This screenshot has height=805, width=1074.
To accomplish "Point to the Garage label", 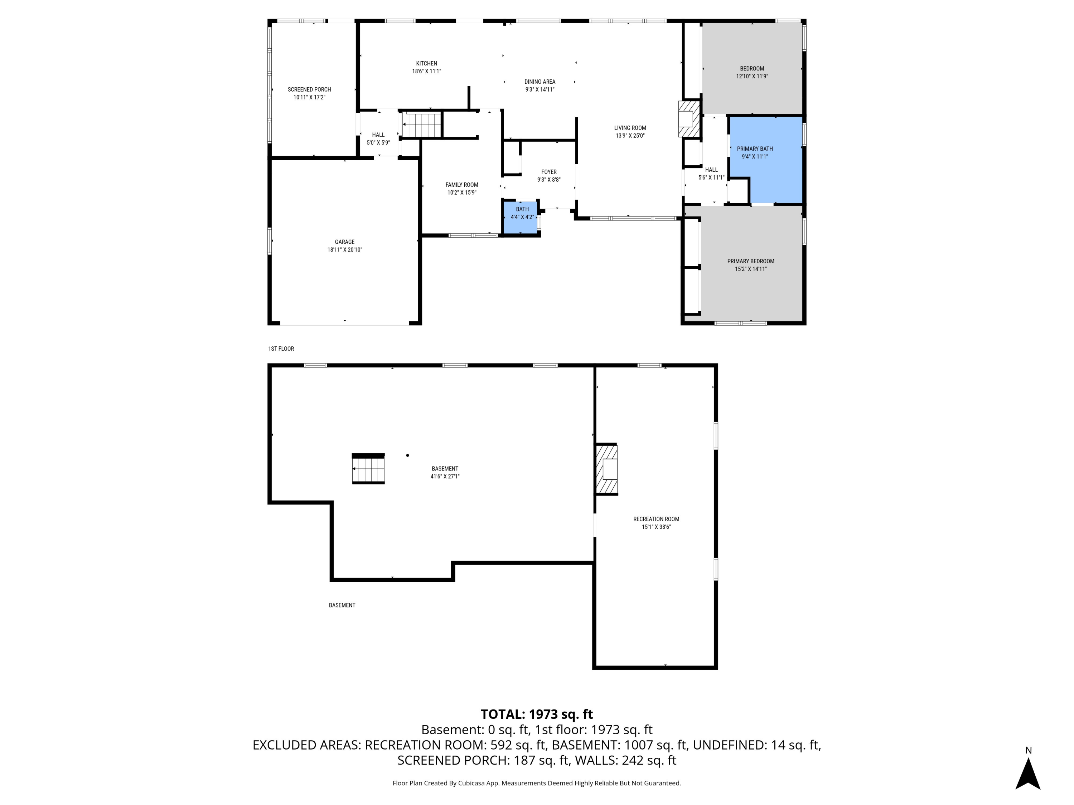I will click(x=345, y=241).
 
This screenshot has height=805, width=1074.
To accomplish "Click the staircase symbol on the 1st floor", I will click(x=421, y=124).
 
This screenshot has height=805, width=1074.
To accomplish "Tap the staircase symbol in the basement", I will click(x=368, y=469).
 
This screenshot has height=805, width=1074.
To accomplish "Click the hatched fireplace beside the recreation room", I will click(x=607, y=469).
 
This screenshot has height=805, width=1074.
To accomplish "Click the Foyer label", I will click(x=549, y=172).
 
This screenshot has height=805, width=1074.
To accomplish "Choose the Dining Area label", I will click(x=540, y=82).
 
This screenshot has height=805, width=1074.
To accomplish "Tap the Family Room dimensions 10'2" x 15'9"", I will click(x=462, y=192).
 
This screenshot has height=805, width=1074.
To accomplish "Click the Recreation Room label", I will click(x=656, y=519).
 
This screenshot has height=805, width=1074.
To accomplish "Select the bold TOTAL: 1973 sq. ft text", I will click(x=537, y=714).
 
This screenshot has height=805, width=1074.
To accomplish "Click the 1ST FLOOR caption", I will click(x=281, y=348).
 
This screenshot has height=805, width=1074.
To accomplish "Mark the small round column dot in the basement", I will click(x=407, y=455).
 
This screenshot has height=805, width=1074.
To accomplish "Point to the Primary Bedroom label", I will click(x=751, y=261).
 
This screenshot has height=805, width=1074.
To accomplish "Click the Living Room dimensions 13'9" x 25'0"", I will click(x=630, y=136).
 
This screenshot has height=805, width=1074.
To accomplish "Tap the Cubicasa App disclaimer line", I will click(x=537, y=783).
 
